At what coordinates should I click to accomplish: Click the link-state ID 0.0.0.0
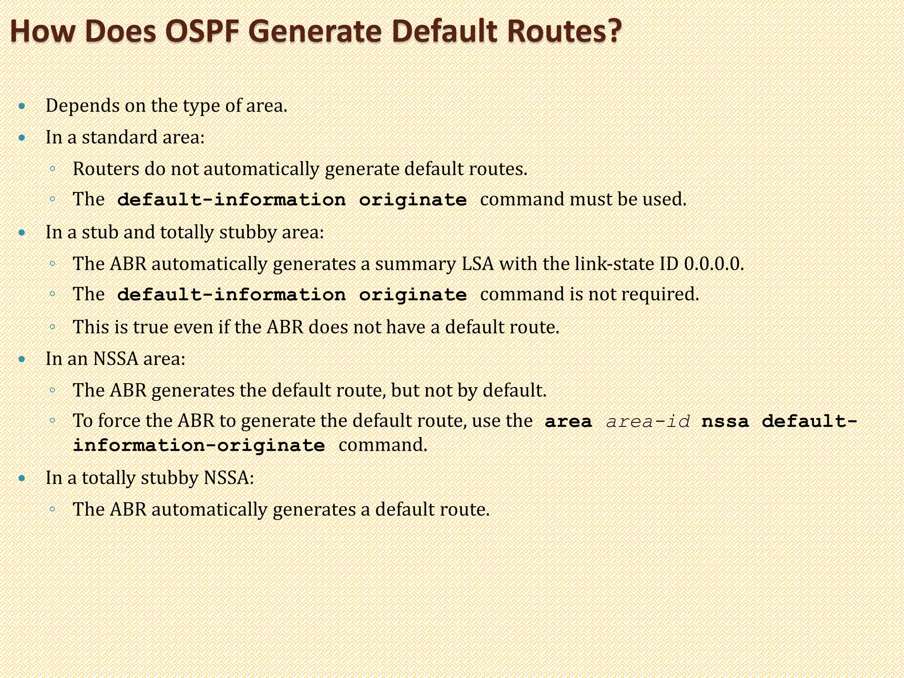pyautogui.click(x=714, y=264)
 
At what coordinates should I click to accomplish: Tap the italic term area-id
pyautogui.click(x=648, y=422)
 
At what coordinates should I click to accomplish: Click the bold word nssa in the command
pyautogui.click(x=725, y=422)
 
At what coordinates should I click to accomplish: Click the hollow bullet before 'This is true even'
pyautogui.click(x=52, y=327)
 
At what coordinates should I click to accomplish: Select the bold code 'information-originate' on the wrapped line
pyautogui.click(x=199, y=445)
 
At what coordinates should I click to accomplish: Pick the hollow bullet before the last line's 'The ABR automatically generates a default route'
pyautogui.click(x=52, y=509)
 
